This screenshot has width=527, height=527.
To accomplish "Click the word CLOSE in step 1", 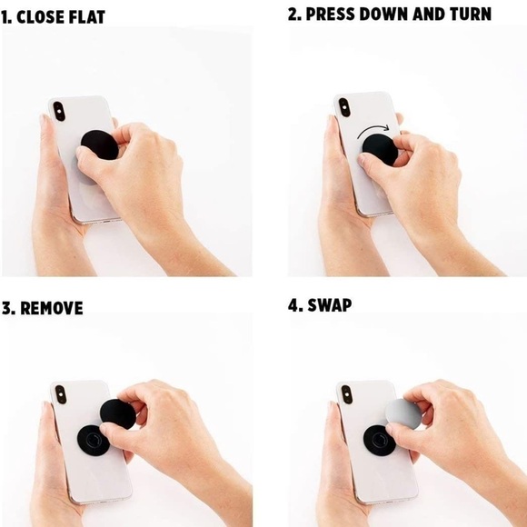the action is pyautogui.click(x=39, y=17).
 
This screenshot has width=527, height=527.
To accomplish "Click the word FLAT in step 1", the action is pyautogui.click(x=86, y=17).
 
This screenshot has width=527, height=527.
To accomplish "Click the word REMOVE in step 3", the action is pyautogui.click(x=52, y=308).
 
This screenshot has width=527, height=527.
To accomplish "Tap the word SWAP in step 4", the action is pyautogui.click(x=329, y=305).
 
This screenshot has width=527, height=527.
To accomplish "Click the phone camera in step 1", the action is pyautogui.click(x=59, y=111).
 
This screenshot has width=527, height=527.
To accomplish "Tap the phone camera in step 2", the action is pyautogui.click(x=344, y=107).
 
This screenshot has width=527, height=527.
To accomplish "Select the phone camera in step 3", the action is pyautogui.click(x=61, y=394).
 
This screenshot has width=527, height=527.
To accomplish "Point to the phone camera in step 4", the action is pyautogui.click(x=346, y=394).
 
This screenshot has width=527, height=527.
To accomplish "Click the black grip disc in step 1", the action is pyautogui.click(x=100, y=145).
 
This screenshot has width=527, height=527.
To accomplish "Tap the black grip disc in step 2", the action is pyautogui.click(x=380, y=150).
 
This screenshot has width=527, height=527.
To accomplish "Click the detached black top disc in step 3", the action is pyautogui.click(x=117, y=414).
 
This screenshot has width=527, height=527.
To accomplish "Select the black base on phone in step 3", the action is pyautogui.click(x=92, y=441).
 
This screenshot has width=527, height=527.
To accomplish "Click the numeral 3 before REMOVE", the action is pyautogui.click(x=6, y=308).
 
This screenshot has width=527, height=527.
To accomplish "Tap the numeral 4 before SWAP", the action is pyautogui.click(x=294, y=305).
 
